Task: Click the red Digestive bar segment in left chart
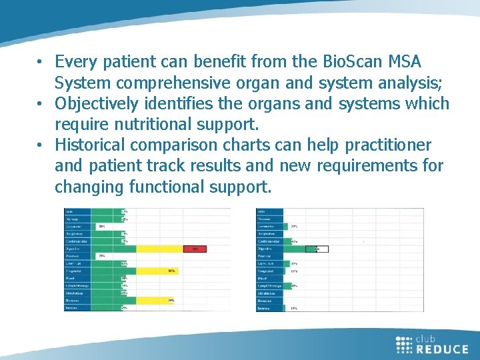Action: (x=195, y=249)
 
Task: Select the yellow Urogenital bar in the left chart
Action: (x=158, y=271)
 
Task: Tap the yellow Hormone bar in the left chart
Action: (x=155, y=300)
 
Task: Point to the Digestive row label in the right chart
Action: (x=269, y=249)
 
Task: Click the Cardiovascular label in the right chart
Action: (x=269, y=241)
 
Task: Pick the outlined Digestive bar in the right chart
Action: (x=317, y=249)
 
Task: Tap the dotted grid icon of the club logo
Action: (x=404, y=344)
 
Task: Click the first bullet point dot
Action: (x=41, y=63)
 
